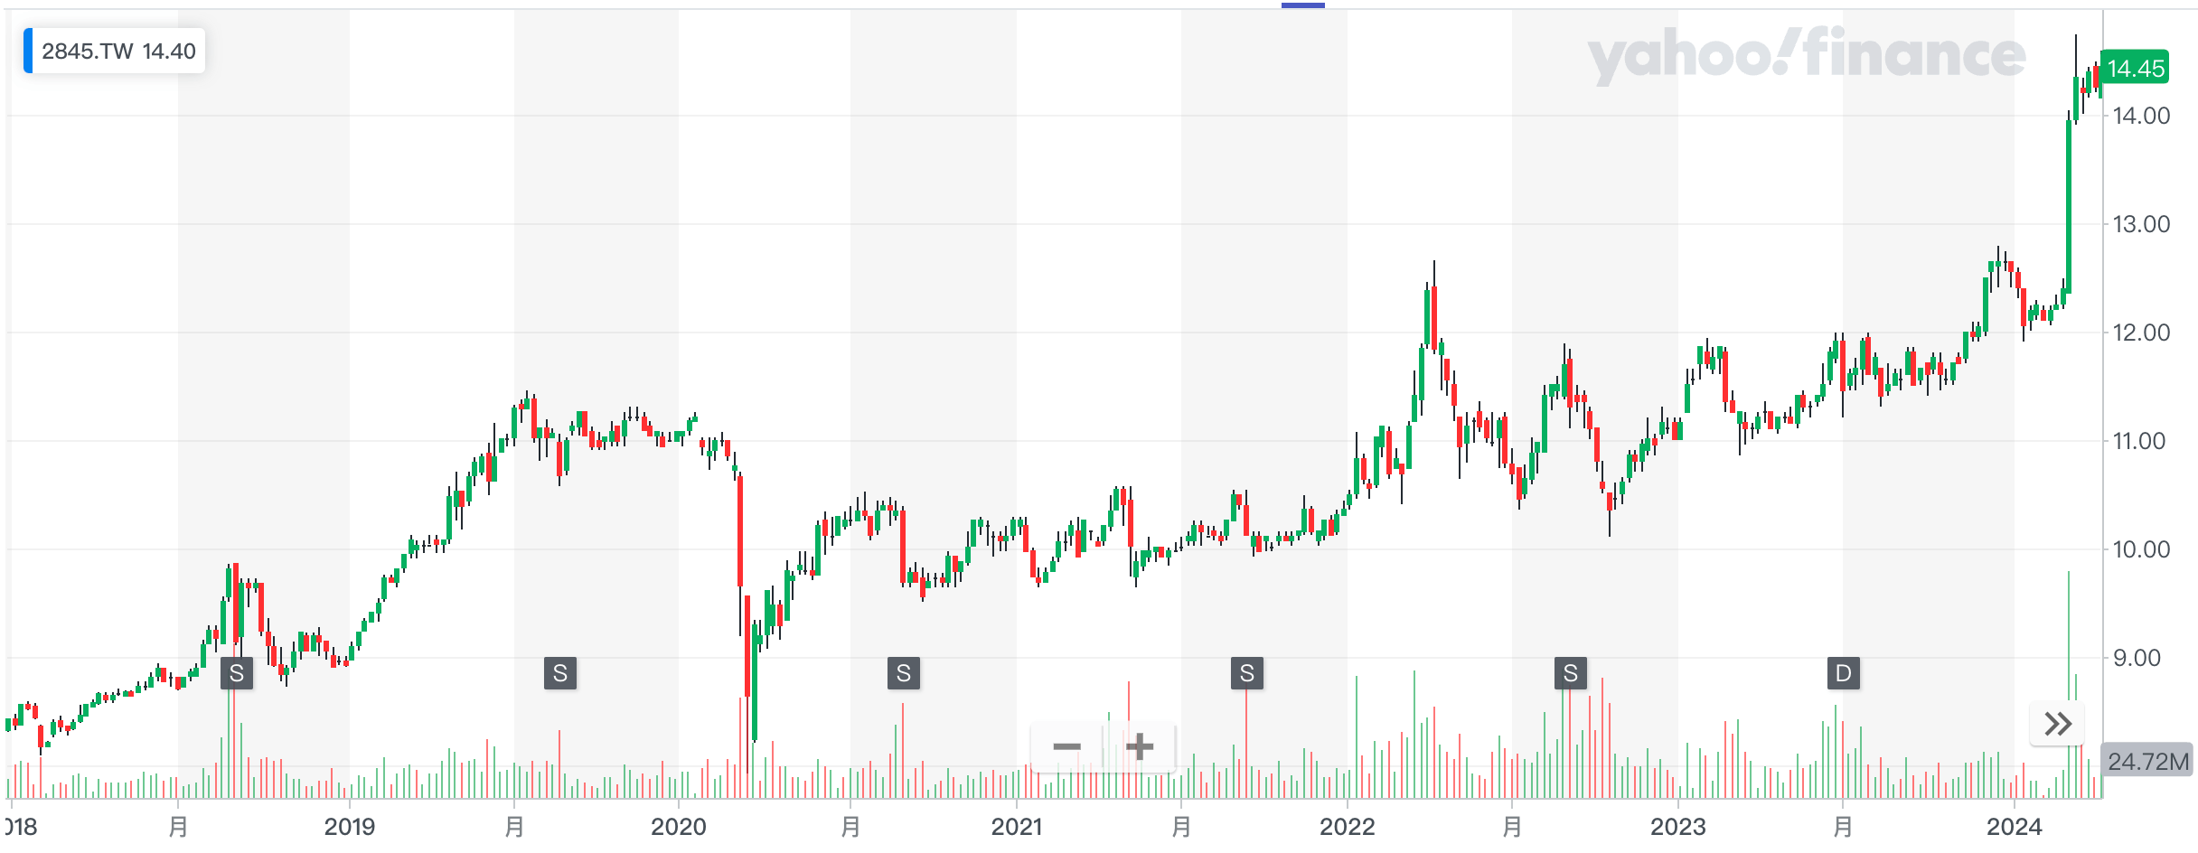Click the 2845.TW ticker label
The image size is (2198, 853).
click(x=117, y=52)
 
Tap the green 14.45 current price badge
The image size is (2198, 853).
click(x=2135, y=69)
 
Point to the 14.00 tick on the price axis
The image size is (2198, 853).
click(x=2141, y=116)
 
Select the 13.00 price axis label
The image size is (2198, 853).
click(x=2141, y=224)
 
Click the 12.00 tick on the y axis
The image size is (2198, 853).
click(x=2141, y=333)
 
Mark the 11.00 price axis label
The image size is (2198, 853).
click(x=2141, y=441)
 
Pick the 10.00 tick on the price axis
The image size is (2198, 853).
click(x=2141, y=549)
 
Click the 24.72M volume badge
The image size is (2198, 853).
click(x=2147, y=762)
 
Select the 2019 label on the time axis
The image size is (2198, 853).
click(x=349, y=827)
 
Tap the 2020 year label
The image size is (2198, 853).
click(x=678, y=827)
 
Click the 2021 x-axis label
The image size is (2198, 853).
click(x=1016, y=827)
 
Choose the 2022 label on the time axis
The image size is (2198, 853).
click(x=1347, y=827)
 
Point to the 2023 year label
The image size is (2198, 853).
click(x=1677, y=827)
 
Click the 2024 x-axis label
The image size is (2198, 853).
click(x=2014, y=827)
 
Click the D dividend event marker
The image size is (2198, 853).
click(x=1843, y=673)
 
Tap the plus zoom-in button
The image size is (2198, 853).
click(x=1140, y=747)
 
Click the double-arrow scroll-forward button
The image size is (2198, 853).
click(x=2057, y=724)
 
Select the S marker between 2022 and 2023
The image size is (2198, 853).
click(x=1570, y=673)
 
